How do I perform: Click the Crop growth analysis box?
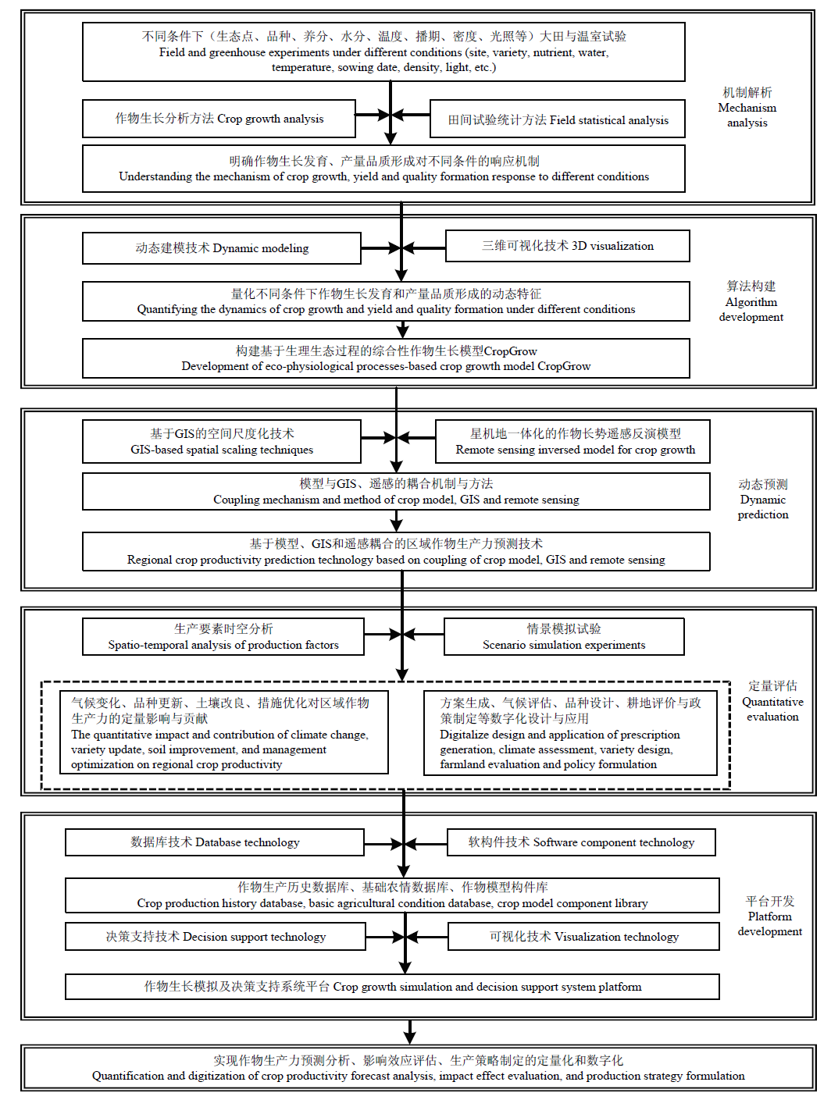[219, 119]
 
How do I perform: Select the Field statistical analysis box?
[558, 119]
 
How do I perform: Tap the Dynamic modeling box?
[222, 248]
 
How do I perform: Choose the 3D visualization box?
[568, 246]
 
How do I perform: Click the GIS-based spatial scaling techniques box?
[222, 442]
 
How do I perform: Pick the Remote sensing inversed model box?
[572, 442]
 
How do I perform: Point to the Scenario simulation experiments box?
[564, 636]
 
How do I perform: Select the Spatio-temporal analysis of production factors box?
[223, 636]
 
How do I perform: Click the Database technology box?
[215, 842]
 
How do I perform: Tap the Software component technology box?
[581, 842]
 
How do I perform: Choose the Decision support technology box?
[216, 936]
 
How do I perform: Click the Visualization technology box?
[583, 936]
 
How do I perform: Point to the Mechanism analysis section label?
[747, 108]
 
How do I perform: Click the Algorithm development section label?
[751, 301]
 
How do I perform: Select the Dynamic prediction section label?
[763, 500]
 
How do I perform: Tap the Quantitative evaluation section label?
[772, 701]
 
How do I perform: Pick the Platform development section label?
[770, 916]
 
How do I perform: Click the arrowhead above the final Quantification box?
[410, 1037]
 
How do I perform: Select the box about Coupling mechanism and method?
[396, 491]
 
